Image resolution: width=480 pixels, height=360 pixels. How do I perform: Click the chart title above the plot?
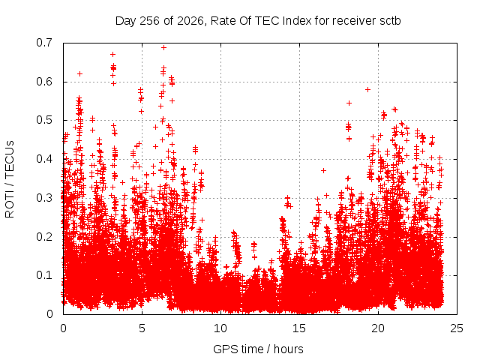(258, 21)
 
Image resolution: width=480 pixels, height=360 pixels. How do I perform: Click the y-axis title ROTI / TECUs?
(10, 179)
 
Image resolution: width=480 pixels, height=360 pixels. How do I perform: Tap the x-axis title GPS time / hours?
(258, 349)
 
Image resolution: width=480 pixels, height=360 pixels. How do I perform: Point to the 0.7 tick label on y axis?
(44, 43)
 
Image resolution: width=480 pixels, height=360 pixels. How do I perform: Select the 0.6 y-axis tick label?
(44, 82)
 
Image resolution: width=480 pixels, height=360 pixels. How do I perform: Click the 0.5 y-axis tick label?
(44, 120)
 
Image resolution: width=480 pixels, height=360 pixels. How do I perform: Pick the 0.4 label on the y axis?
(44, 159)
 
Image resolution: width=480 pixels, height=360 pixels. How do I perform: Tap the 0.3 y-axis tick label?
(44, 198)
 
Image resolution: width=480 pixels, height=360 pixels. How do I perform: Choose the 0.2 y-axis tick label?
(44, 237)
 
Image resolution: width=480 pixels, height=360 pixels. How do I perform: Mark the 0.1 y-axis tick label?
(44, 275)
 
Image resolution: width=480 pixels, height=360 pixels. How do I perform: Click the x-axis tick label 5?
(142, 328)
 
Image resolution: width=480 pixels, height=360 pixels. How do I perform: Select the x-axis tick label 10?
(220, 328)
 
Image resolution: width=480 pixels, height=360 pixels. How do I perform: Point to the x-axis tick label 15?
(299, 328)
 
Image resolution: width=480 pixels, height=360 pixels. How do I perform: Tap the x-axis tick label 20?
(378, 328)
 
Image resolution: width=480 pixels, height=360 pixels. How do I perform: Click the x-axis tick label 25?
(457, 328)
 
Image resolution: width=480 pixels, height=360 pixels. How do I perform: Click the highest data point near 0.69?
(163, 48)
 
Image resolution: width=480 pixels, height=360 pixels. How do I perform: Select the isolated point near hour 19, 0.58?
(368, 90)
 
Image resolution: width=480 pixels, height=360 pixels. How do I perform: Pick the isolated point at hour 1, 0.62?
(80, 73)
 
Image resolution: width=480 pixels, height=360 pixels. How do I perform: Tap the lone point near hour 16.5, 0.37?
(323, 170)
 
